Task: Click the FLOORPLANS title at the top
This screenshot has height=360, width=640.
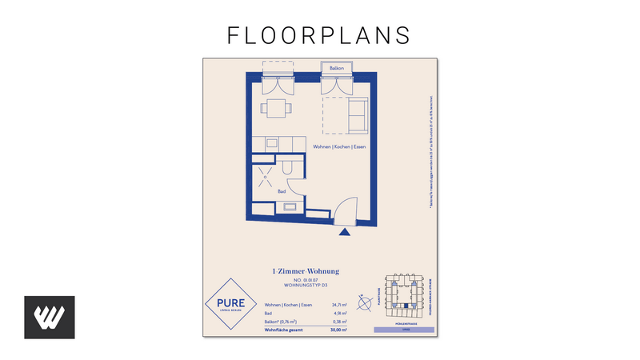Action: click(319, 34)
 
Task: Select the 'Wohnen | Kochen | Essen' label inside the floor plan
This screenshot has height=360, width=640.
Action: click(339, 147)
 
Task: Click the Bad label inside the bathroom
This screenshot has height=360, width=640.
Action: click(282, 192)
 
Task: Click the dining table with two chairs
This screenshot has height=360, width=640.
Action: click(277, 109)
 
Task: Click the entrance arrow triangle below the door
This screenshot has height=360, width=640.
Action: click(345, 233)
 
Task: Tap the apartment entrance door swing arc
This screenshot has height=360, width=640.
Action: click(344, 211)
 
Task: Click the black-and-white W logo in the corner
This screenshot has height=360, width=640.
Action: click(50, 317)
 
